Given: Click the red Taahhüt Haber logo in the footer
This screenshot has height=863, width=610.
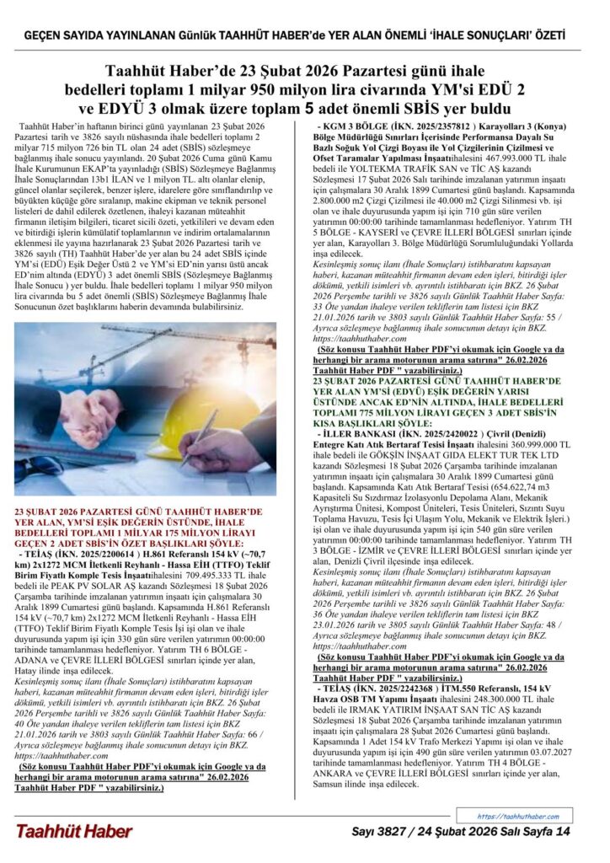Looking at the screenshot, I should click(x=74, y=831).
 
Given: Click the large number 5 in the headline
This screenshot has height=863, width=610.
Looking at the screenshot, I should click(x=308, y=108).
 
